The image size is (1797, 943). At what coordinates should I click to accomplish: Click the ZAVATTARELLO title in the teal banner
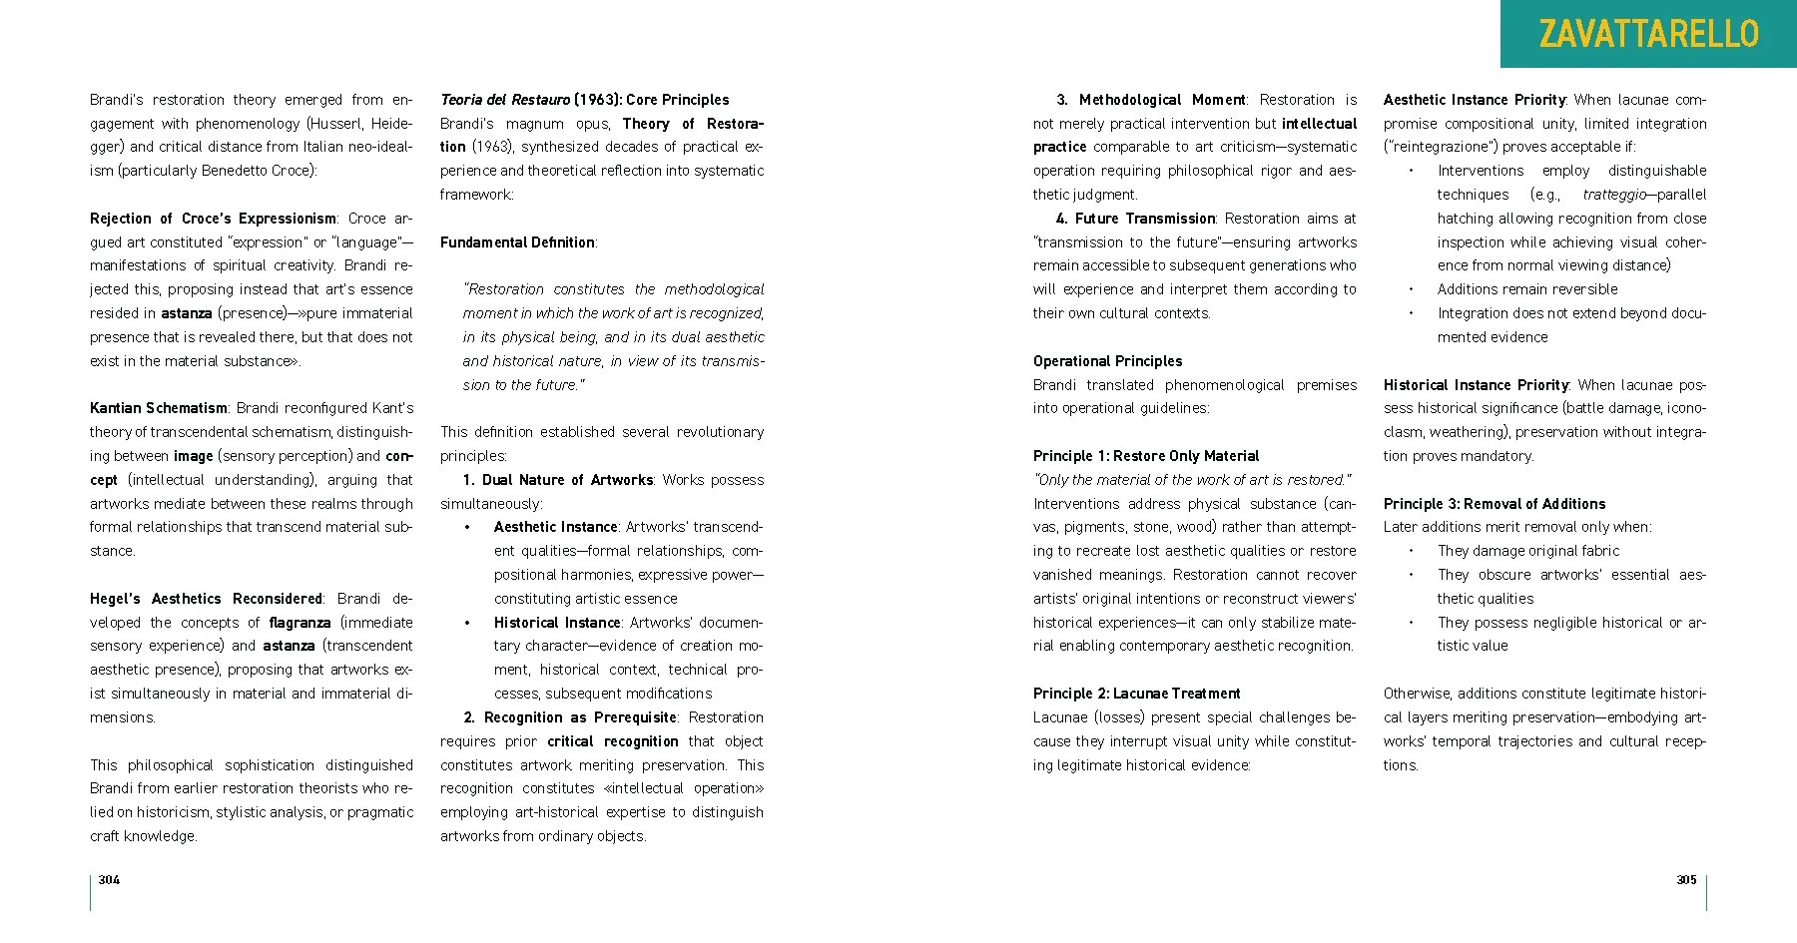(x=1648, y=35)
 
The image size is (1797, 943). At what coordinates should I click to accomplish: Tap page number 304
(x=109, y=879)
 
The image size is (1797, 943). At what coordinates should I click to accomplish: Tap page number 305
(x=1686, y=879)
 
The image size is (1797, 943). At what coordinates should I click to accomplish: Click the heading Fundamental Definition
(x=517, y=242)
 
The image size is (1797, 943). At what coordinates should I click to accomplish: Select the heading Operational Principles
(x=1107, y=361)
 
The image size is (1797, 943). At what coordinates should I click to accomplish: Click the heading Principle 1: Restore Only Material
(x=1146, y=456)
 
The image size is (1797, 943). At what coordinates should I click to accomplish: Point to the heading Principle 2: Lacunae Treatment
(x=1136, y=694)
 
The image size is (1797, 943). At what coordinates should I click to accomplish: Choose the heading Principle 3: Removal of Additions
(x=1495, y=504)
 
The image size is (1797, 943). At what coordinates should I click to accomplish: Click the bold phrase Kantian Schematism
(x=159, y=408)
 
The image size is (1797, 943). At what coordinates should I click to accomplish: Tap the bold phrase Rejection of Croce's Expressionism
(x=213, y=219)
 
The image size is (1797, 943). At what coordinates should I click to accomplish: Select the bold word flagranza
(x=299, y=623)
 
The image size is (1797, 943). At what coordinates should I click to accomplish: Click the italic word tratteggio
(x=1612, y=195)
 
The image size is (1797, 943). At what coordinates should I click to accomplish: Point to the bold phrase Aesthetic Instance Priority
(x=1474, y=100)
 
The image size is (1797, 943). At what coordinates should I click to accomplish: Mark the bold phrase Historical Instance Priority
(x=1476, y=385)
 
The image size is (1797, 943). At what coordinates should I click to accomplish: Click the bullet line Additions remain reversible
(x=1527, y=289)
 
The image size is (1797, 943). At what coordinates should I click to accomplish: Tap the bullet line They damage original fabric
(x=1528, y=551)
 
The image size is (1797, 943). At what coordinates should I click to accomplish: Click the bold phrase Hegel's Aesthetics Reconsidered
(x=206, y=599)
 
